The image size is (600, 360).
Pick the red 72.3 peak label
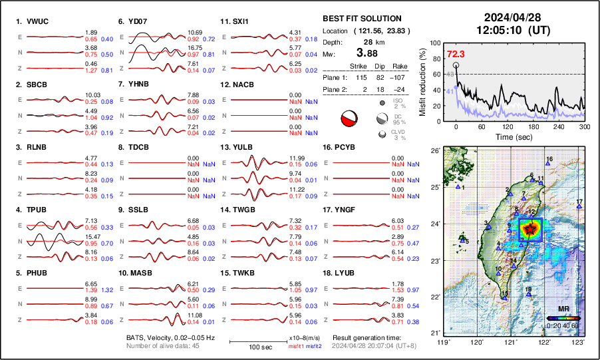[x=455, y=54]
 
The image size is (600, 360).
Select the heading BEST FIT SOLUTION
[x=361, y=19]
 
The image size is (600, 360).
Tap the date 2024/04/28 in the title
[x=511, y=17]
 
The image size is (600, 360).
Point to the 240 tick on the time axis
[x=559, y=126]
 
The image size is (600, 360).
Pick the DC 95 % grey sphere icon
[x=382, y=118]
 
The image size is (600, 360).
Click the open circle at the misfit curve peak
[x=456, y=65]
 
